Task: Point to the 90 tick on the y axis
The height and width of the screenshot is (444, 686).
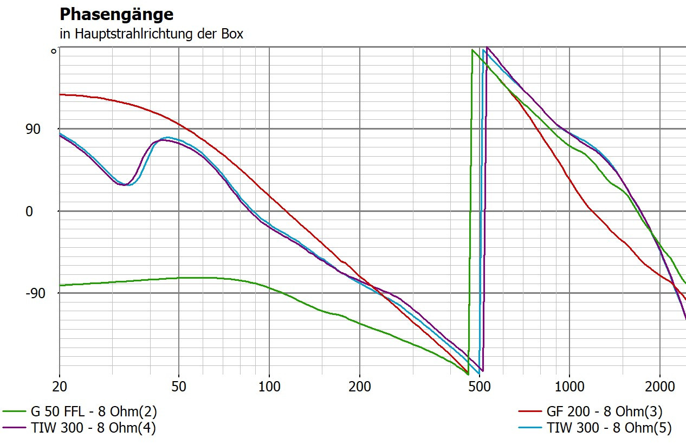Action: point(33,129)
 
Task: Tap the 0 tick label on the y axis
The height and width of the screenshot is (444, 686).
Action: point(29,211)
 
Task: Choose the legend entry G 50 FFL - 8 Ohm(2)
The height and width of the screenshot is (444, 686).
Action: point(94,411)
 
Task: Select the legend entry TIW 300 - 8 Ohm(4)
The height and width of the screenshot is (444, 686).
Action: point(94,428)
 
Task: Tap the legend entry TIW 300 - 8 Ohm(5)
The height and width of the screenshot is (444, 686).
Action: point(609,428)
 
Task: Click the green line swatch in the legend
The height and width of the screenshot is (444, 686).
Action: point(14,411)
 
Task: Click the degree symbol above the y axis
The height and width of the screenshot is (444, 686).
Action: point(53,52)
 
